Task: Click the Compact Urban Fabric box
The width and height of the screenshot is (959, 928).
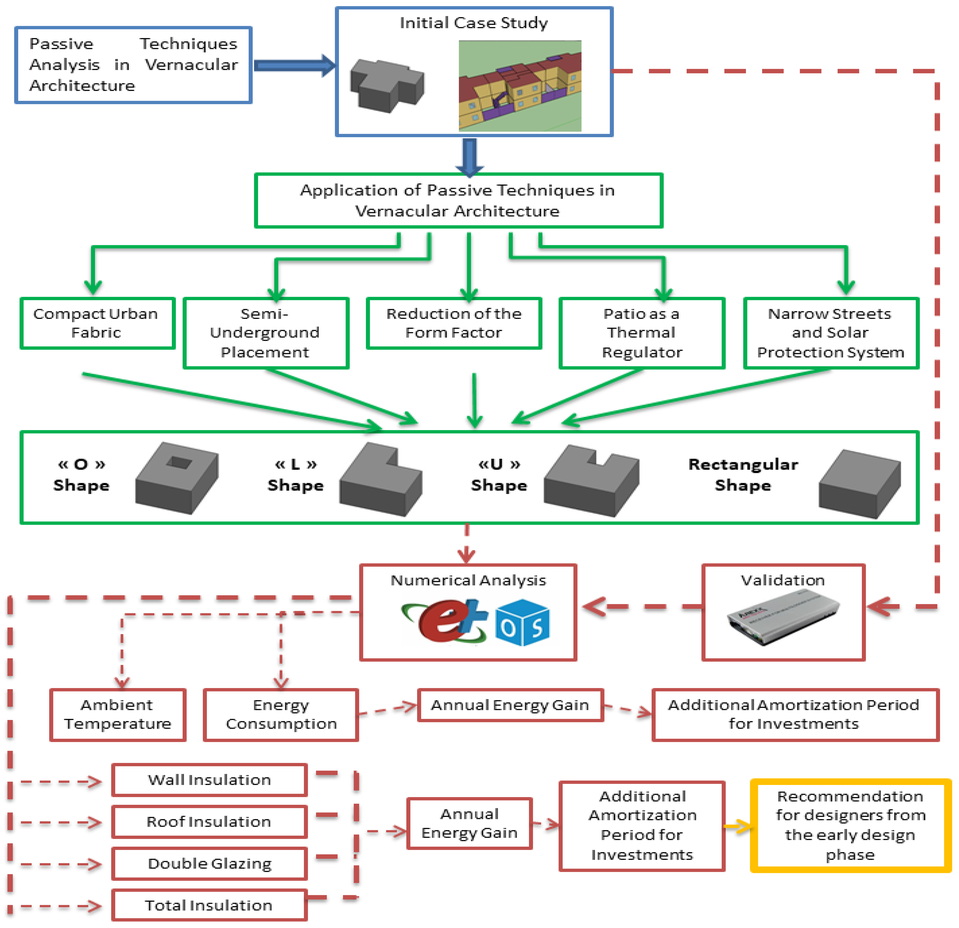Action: pyautogui.click(x=97, y=323)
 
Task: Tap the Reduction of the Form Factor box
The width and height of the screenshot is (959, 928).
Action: pyautogui.click(x=453, y=323)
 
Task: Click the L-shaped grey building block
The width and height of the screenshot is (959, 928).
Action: pyautogui.click(x=380, y=480)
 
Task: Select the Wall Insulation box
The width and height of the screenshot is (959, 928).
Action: pyautogui.click(x=209, y=780)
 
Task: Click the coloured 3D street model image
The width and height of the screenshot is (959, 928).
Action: pyautogui.click(x=520, y=86)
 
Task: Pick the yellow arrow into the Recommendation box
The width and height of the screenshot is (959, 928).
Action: pyautogui.click(x=738, y=827)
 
